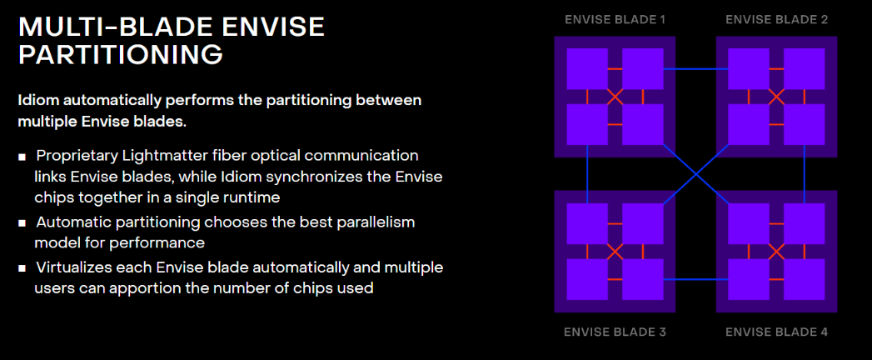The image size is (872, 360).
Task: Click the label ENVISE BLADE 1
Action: [615, 20]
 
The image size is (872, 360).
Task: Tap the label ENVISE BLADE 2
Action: [777, 20]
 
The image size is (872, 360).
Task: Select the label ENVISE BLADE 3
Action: [615, 332]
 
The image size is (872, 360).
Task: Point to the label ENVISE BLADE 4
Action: [777, 332]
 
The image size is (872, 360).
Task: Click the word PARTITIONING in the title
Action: [121, 55]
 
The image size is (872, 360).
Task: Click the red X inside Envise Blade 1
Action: [615, 97]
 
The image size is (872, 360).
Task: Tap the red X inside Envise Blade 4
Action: [776, 252]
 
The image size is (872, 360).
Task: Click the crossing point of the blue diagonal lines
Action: [695, 175]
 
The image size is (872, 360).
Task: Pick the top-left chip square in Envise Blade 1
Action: [587, 69]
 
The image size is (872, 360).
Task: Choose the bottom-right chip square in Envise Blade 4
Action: [805, 279]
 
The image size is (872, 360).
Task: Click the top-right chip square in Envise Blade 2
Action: [805, 69]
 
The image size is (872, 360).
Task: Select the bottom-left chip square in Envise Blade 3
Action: [587, 279]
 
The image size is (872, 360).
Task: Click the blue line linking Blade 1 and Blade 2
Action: [695, 69]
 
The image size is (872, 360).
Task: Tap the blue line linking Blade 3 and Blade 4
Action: [695, 279]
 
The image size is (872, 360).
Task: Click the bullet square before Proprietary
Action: [22, 157]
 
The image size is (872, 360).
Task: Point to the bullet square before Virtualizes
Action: [22, 268]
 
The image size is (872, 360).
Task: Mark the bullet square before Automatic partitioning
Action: [22, 223]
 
